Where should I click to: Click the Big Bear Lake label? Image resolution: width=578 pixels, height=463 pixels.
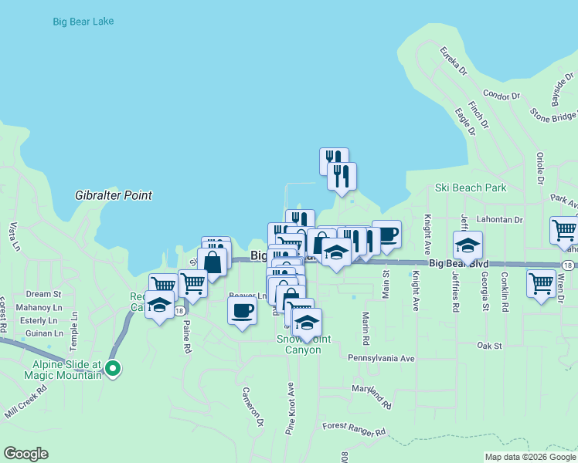point(83,22)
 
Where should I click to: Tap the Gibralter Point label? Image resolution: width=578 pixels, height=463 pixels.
point(114,195)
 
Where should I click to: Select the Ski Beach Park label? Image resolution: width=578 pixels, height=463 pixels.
point(470,188)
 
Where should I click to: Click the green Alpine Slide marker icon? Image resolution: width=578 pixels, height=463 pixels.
point(114,369)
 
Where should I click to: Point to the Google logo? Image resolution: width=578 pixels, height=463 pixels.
point(25,454)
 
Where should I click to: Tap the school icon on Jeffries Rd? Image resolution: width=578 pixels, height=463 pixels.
point(467,245)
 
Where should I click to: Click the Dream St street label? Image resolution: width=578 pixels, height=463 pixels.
point(43,294)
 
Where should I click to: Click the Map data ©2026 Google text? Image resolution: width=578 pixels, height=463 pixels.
point(529,457)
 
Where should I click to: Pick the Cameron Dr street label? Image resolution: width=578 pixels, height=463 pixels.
point(254,406)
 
